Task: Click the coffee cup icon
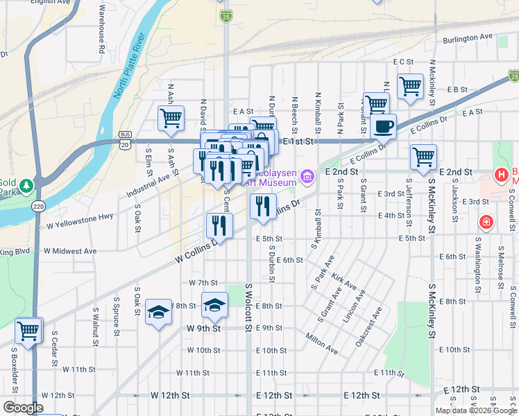(x=383, y=126)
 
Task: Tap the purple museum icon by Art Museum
(x=309, y=177)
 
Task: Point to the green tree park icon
(x=26, y=187)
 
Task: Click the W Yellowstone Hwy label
(x=80, y=221)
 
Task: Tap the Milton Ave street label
(x=321, y=343)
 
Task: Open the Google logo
(x=23, y=408)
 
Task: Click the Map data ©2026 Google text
(x=475, y=410)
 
